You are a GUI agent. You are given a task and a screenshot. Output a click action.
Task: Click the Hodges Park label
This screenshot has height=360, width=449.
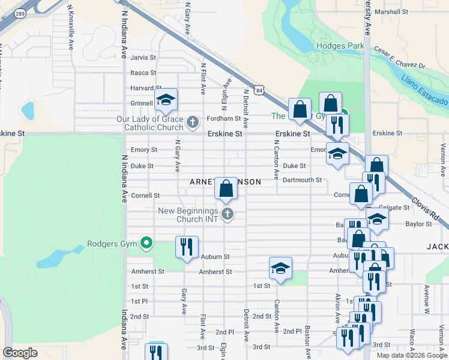(x=341, y=46)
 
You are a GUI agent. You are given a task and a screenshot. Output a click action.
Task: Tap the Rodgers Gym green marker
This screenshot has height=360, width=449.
(x=145, y=244)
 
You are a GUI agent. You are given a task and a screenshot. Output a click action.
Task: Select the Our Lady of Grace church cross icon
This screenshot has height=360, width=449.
(x=193, y=123)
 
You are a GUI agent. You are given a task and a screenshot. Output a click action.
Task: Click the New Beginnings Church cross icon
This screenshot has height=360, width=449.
(x=227, y=214)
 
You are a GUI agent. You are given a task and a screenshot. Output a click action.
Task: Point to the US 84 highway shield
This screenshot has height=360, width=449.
(x=259, y=90)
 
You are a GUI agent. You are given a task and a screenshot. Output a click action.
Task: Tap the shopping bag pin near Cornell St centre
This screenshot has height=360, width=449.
(x=226, y=188)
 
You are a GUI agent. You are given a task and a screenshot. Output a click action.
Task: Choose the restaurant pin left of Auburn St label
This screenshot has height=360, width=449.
(x=186, y=247)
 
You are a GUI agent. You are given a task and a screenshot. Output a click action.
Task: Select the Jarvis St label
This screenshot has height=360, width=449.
(x=143, y=58)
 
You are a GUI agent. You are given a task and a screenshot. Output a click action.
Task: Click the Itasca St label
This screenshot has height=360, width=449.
(x=143, y=73)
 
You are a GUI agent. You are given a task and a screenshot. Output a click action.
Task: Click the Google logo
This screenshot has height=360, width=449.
(x=20, y=353)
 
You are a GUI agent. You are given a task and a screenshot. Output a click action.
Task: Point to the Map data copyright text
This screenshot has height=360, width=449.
(x=411, y=355)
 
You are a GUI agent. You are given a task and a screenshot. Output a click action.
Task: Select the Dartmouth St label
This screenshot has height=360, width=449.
(x=302, y=180)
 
